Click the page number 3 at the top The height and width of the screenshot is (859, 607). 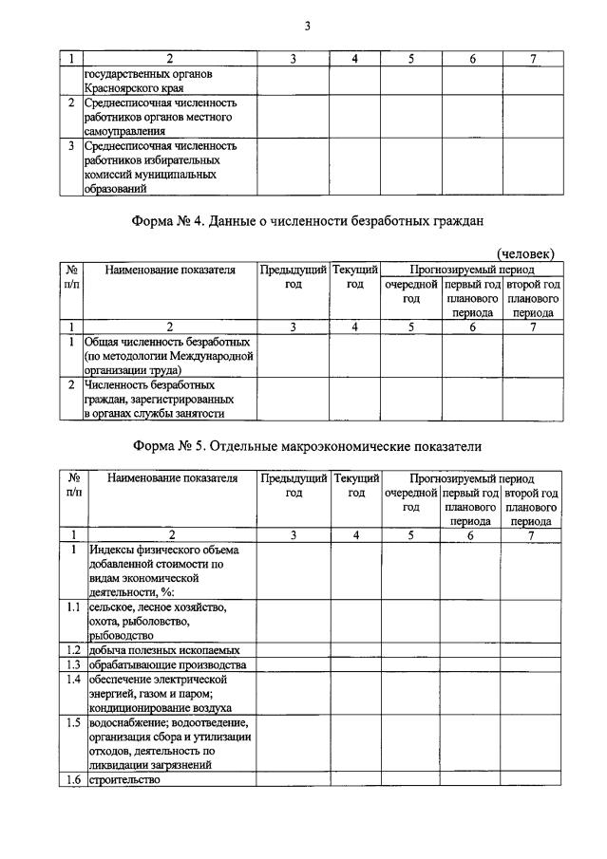(307, 25)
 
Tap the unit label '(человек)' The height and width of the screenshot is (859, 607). (526, 252)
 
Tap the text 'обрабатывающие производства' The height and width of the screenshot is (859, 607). (165, 665)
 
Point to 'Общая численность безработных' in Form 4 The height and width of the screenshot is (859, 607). (166, 340)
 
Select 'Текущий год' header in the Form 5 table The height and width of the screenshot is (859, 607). (355, 485)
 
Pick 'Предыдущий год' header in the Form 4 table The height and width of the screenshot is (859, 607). (293, 276)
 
